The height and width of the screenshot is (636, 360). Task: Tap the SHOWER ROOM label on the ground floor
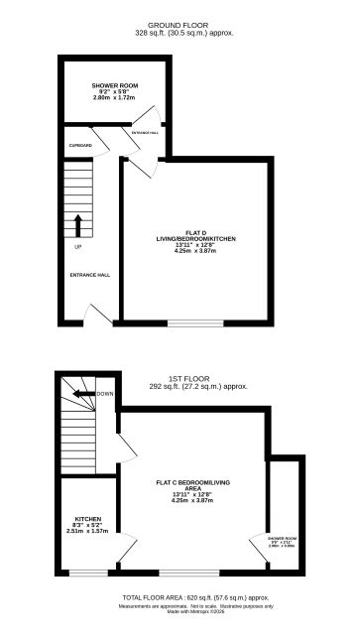tap(115, 86)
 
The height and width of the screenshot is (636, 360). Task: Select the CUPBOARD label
tap(80, 146)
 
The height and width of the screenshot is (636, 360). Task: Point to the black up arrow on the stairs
tap(75, 222)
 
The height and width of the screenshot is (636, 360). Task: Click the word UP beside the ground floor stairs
tap(77, 246)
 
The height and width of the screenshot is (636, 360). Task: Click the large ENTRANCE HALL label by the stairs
tap(88, 275)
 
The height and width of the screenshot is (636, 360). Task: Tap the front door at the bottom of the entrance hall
tap(92, 316)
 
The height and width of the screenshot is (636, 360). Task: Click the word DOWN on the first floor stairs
tap(105, 394)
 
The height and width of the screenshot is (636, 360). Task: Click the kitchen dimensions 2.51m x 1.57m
tap(86, 531)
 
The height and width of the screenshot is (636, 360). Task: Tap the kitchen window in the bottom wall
tap(87, 573)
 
